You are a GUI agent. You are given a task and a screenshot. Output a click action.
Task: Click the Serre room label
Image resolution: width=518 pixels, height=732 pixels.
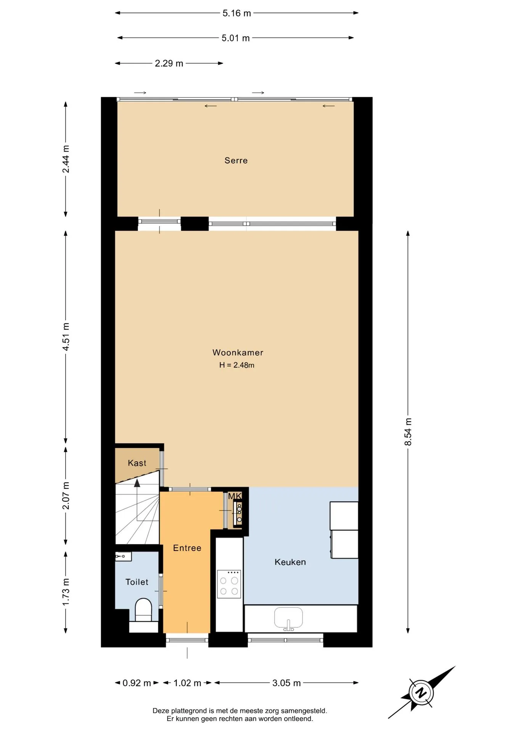(236, 161)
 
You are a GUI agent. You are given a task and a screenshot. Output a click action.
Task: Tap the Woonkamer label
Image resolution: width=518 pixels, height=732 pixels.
(238, 353)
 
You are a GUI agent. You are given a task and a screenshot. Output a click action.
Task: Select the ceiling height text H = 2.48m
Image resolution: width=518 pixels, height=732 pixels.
(236, 365)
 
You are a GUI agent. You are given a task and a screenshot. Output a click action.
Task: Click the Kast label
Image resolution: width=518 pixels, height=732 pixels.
(137, 463)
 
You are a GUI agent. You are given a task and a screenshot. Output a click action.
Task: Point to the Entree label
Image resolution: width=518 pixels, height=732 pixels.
(187, 548)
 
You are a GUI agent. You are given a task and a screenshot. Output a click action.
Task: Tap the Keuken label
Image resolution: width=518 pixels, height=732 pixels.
(290, 562)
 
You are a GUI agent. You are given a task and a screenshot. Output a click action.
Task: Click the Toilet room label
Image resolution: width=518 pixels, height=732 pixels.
(137, 582)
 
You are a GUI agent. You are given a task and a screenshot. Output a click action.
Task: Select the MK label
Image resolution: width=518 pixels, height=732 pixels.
(235, 496)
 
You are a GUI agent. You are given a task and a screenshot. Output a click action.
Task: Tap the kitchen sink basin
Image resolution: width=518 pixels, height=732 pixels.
(288, 618)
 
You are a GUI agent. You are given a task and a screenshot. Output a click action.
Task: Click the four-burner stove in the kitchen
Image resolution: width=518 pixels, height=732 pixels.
(229, 584)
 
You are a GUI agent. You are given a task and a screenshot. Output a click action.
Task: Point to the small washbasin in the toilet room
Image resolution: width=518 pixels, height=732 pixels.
(123, 556)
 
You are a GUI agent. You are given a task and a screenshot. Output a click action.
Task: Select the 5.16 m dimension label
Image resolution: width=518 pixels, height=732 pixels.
(236, 13)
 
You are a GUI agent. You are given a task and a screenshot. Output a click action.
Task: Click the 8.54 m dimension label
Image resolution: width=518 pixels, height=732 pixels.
(408, 432)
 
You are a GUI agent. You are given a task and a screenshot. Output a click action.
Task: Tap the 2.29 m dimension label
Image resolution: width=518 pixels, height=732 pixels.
(169, 63)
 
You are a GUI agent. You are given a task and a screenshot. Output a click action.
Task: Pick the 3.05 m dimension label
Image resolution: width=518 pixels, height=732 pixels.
(286, 683)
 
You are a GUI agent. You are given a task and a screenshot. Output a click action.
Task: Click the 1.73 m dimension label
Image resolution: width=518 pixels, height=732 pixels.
(66, 592)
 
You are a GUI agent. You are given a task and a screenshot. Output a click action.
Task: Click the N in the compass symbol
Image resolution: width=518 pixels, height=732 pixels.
(421, 692)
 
